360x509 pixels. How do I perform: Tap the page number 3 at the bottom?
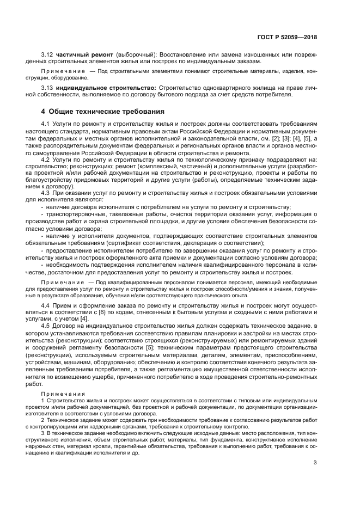(x=315, y=463)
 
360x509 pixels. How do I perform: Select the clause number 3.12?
(x=48, y=55)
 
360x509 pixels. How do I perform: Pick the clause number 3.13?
(x=48, y=88)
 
